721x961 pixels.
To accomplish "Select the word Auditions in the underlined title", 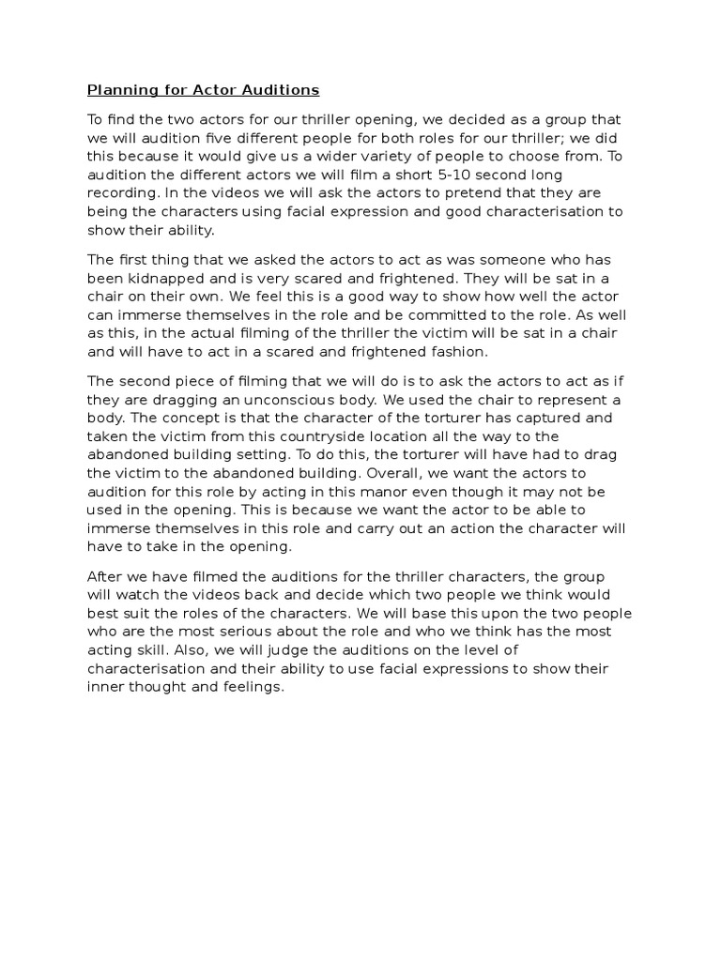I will point(281,90).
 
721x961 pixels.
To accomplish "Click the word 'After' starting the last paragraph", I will point(105,575).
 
